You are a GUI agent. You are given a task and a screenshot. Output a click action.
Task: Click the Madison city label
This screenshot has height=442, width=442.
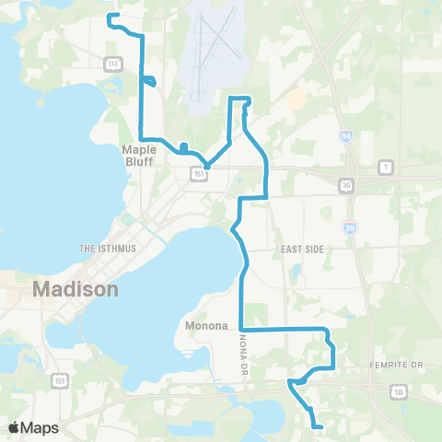(x=76, y=289)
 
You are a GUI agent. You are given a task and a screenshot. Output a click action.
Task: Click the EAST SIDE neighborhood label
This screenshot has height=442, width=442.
(x=298, y=249)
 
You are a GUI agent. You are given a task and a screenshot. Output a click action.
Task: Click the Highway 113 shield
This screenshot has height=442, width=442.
(x=113, y=64)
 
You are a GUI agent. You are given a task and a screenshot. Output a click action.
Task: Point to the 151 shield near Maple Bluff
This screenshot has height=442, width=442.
(x=199, y=172)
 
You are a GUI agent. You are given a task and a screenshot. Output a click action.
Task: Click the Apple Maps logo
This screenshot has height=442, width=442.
(x=33, y=427)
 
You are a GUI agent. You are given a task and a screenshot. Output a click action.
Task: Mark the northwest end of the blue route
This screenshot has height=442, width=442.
(x=110, y=17)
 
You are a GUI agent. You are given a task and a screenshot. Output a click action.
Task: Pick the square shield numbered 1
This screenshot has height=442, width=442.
(x=385, y=167)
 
